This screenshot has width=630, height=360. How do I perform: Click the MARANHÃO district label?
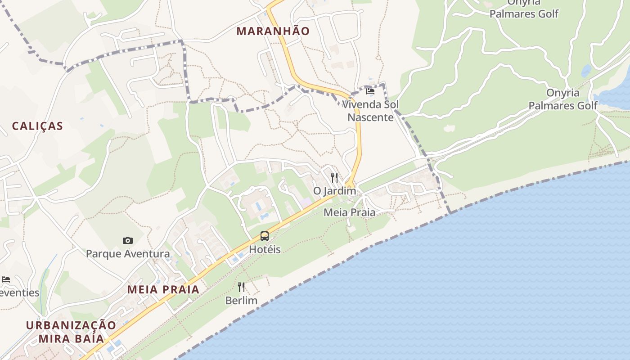(273, 31)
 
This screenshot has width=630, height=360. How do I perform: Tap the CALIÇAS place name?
(37, 126)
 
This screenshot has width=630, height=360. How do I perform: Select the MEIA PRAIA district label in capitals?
(163, 289)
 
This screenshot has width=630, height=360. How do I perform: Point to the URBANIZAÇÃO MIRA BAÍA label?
(71, 332)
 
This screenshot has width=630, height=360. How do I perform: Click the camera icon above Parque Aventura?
(128, 241)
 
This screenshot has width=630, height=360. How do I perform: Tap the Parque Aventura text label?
(128, 254)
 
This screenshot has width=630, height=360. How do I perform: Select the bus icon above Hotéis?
(265, 236)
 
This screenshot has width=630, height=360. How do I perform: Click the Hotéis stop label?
(265, 249)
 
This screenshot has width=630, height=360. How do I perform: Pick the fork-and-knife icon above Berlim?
(241, 287)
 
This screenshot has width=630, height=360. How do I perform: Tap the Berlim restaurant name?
(241, 300)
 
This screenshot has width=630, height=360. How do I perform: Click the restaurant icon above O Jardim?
(334, 177)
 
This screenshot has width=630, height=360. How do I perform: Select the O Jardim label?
(334, 191)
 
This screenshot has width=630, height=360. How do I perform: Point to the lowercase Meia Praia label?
(349, 212)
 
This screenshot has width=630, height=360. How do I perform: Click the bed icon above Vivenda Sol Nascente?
(370, 91)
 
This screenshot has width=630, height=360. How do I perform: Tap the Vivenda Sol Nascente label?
(370, 111)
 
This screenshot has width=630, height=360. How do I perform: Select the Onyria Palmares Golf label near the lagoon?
(562, 99)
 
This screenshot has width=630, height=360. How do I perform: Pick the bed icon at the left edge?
(6, 279)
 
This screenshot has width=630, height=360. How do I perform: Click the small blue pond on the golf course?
(586, 71)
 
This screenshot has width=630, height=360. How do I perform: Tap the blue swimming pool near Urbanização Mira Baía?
(114, 346)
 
